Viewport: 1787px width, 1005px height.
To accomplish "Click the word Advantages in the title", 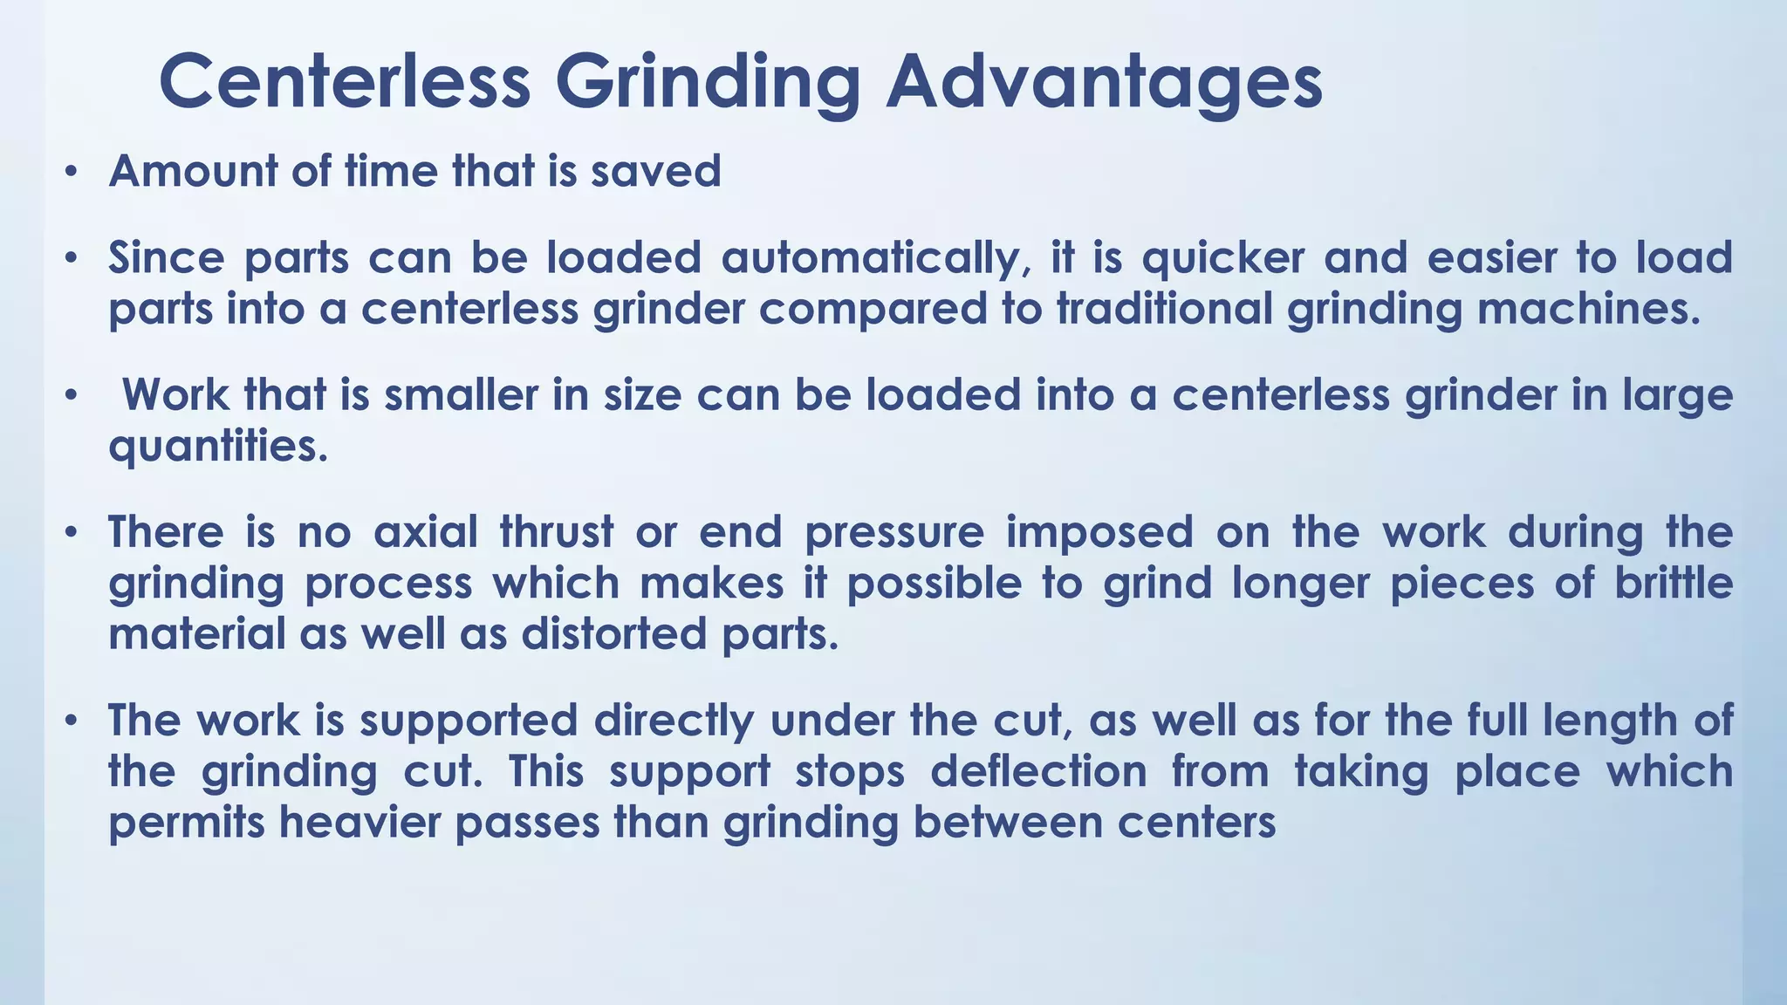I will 1104,82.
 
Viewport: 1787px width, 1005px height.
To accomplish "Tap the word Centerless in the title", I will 345,82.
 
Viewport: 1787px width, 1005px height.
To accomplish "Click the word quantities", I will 218,447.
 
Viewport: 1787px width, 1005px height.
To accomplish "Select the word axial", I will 426,532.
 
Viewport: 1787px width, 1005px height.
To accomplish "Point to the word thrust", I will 557,532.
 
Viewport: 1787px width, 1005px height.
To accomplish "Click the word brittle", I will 1674,583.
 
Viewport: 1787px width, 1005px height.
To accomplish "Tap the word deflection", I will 1038,772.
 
